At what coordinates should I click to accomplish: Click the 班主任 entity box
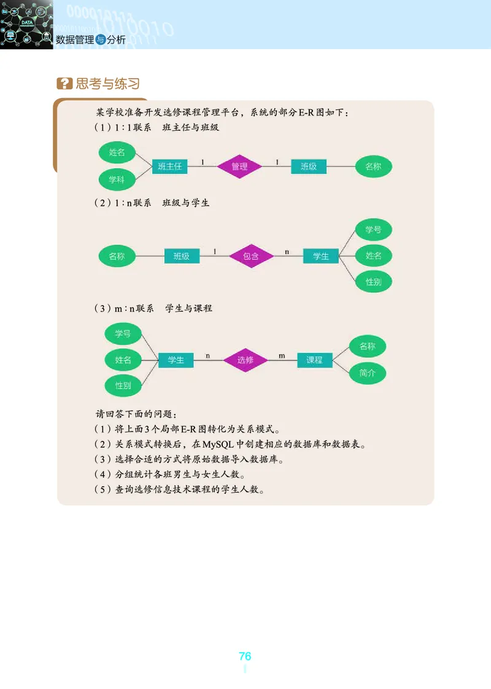pos(169,166)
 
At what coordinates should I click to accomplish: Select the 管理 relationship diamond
pos(239,166)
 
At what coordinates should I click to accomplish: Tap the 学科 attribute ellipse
pos(117,180)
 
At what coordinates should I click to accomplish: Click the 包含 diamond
pos(251,256)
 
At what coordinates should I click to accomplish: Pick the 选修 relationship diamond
pos(245,360)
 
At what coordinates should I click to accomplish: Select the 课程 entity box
pos(314,360)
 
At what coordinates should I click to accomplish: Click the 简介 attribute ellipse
pos(368,373)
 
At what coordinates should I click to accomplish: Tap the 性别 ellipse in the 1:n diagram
pos(374,282)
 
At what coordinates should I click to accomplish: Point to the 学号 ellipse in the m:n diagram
pos(123,334)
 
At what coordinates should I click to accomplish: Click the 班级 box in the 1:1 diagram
pos(309,166)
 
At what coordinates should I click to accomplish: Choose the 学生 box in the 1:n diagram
pos(320,256)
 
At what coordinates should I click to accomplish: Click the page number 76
pos(245,656)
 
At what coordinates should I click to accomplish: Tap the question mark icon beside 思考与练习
pos(64,84)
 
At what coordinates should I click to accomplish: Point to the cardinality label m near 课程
pos(282,356)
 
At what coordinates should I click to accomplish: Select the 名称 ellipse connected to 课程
pos(368,346)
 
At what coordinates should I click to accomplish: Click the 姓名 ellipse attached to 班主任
pos(117,152)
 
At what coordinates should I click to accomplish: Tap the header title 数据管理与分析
pos(90,40)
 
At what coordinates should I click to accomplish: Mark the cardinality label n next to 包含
pos(287,251)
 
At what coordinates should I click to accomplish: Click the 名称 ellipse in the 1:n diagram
pos(117,256)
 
